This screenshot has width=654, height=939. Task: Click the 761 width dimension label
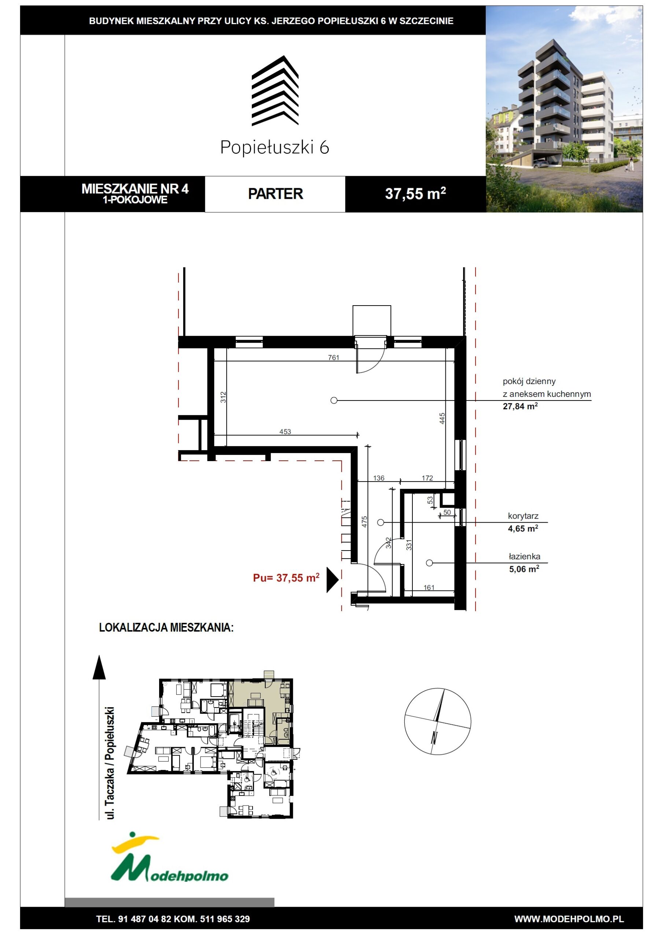[334, 357]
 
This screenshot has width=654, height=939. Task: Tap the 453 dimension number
[285, 431]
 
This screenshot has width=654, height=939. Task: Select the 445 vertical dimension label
[442, 419]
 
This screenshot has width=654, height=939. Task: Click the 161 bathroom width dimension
[429, 588]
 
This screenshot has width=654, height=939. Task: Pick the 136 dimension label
[378, 478]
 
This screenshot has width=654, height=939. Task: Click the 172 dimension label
[427, 478]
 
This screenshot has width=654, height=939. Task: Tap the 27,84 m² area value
[520, 406]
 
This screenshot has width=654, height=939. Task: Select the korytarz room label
[523, 516]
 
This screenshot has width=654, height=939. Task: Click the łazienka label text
[525, 556]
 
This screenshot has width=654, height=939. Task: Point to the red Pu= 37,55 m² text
[286, 577]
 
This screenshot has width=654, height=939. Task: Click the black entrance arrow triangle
[332, 580]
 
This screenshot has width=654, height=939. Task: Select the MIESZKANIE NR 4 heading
[135, 189]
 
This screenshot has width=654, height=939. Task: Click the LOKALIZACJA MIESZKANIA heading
[166, 627]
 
